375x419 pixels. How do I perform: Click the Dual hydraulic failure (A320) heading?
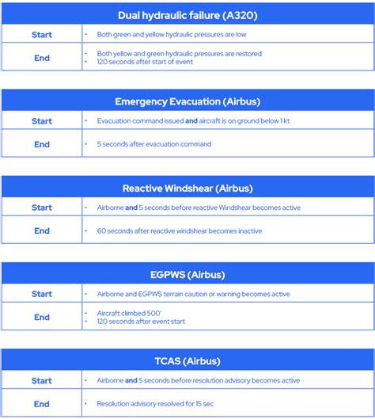click(187, 15)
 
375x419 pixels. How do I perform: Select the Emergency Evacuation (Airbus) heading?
click(187, 101)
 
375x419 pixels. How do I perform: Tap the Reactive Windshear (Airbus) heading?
click(187, 189)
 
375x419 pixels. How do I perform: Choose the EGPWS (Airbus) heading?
click(187, 275)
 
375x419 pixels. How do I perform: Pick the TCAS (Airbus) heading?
click(187, 361)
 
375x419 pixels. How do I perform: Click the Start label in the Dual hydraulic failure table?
click(42, 35)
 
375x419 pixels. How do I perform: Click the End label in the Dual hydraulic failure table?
click(42, 58)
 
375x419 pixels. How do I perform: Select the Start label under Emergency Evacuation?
click(42, 121)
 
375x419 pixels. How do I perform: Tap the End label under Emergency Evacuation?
click(42, 144)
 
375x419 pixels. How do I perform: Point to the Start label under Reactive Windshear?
click(42, 208)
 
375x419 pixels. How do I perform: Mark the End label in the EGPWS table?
click(42, 317)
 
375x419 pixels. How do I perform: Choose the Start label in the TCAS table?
click(42, 380)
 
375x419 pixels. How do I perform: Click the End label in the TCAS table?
click(42, 403)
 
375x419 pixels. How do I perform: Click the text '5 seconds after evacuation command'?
click(154, 144)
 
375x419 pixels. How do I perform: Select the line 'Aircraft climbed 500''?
click(124, 313)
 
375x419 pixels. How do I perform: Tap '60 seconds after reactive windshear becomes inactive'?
click(180, 231)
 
